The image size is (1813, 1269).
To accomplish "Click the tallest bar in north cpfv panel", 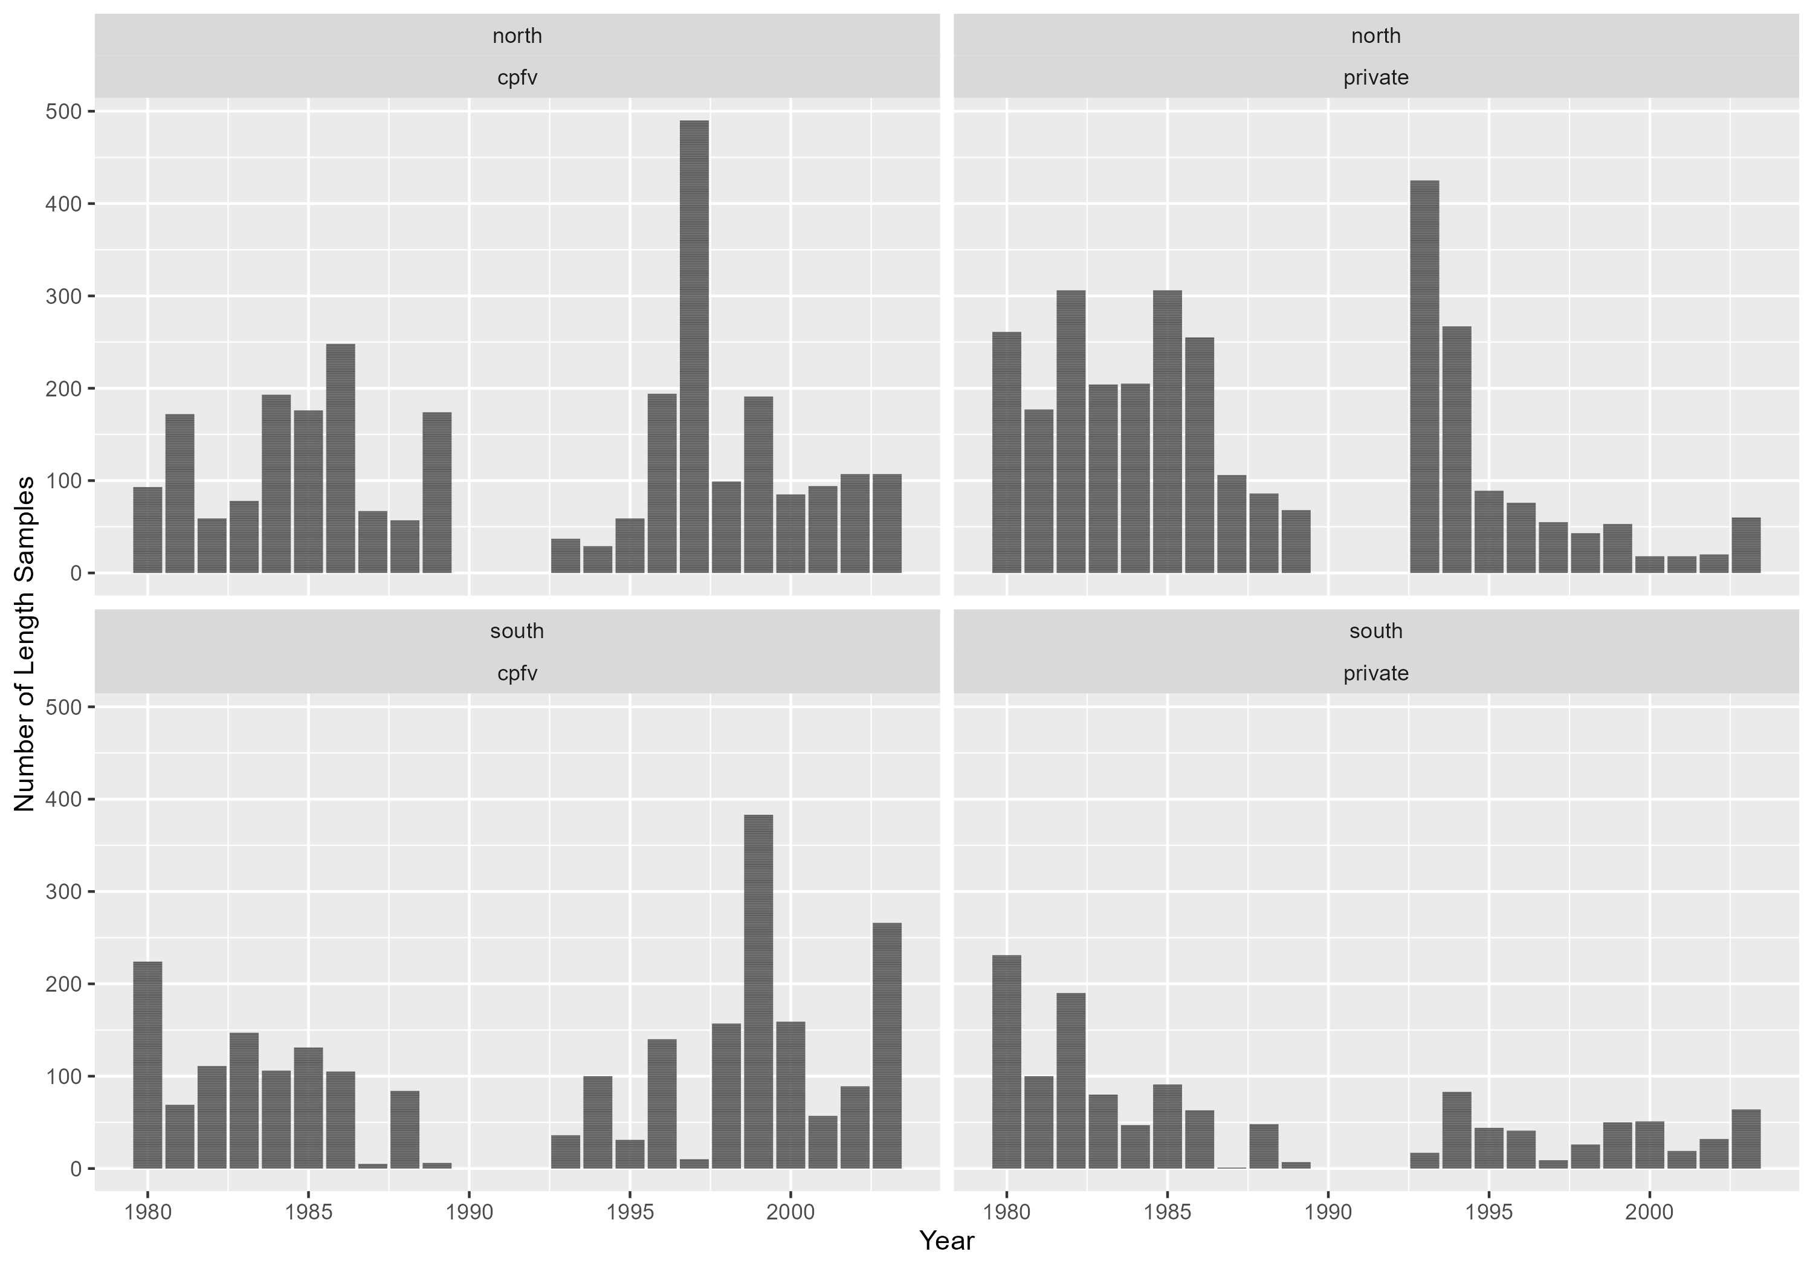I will coord(694,347).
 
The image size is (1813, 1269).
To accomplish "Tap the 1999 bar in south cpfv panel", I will coord(758,992).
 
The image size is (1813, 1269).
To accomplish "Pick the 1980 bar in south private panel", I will coord(1006,1062).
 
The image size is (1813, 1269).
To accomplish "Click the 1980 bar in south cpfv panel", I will coord(147,1065).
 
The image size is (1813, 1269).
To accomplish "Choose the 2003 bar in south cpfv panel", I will coord(887,1045).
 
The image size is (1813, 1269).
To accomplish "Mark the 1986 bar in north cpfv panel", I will coord(340,459).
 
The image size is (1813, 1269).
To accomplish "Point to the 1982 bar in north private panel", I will coord(1071,432).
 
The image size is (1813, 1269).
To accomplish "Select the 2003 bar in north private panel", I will coord(1746,546).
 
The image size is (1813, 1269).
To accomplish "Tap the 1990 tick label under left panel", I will coord(469,1212).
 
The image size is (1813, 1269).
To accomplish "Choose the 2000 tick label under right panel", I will coord(1650,1212).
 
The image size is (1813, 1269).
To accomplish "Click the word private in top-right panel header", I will coord(1375,77).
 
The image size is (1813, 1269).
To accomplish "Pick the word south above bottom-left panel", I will coord(517,631).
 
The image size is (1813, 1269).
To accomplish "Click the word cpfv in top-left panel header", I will coord(517,77).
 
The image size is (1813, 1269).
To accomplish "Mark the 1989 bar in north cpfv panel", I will coord(437,492).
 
